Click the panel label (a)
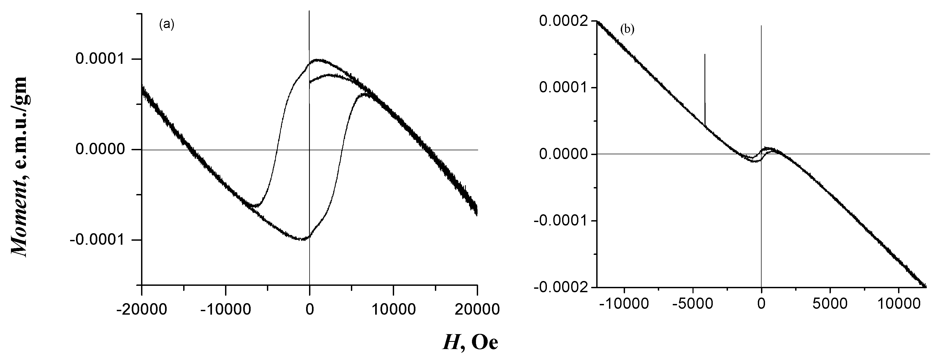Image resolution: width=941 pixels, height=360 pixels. (167, 25)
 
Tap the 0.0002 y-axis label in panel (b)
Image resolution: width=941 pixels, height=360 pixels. (563, 21)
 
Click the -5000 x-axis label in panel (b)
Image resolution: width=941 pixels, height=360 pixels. (692, 304)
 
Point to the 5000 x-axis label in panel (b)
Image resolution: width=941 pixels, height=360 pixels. (830, 304)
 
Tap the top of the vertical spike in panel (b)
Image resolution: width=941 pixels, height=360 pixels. (705, 54)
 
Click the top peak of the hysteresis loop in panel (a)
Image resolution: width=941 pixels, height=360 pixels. (318, 59)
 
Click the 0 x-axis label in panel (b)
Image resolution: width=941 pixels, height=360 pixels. (761, 304)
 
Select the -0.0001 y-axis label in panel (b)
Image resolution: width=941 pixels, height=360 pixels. (560, 221)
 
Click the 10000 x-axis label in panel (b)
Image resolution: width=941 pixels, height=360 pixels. (898, 304)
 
